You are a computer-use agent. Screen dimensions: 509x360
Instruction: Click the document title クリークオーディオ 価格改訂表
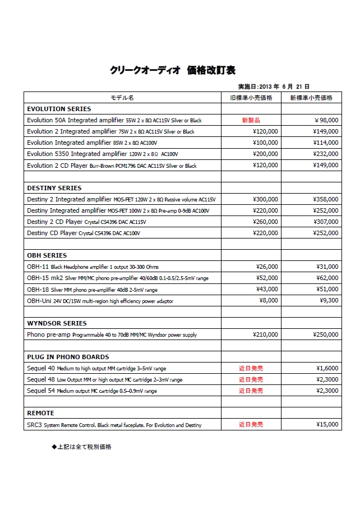pos(173,70)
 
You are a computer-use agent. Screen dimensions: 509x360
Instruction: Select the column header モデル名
pos(122,98)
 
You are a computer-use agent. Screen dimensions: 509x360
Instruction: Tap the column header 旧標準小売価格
pos(251,98)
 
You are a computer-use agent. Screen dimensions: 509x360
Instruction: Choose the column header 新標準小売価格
pos(311,98)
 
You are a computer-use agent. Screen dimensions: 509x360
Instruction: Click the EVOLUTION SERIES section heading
pos(59,109)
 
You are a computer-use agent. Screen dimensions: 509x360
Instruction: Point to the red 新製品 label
pos(251,120)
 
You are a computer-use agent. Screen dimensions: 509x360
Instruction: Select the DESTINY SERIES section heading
pos(54,188)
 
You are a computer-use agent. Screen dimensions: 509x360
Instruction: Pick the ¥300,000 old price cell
pos(265,199)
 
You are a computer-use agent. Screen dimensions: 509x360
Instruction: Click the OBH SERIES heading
pos(47,255)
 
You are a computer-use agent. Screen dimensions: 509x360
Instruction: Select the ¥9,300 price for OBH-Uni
pos(328,301)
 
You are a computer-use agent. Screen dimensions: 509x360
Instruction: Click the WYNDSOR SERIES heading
pos(57,323)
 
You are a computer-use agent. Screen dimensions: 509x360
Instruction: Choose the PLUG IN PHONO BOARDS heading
pos(68,357)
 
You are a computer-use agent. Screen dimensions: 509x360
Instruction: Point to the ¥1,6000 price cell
pos(327,368)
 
